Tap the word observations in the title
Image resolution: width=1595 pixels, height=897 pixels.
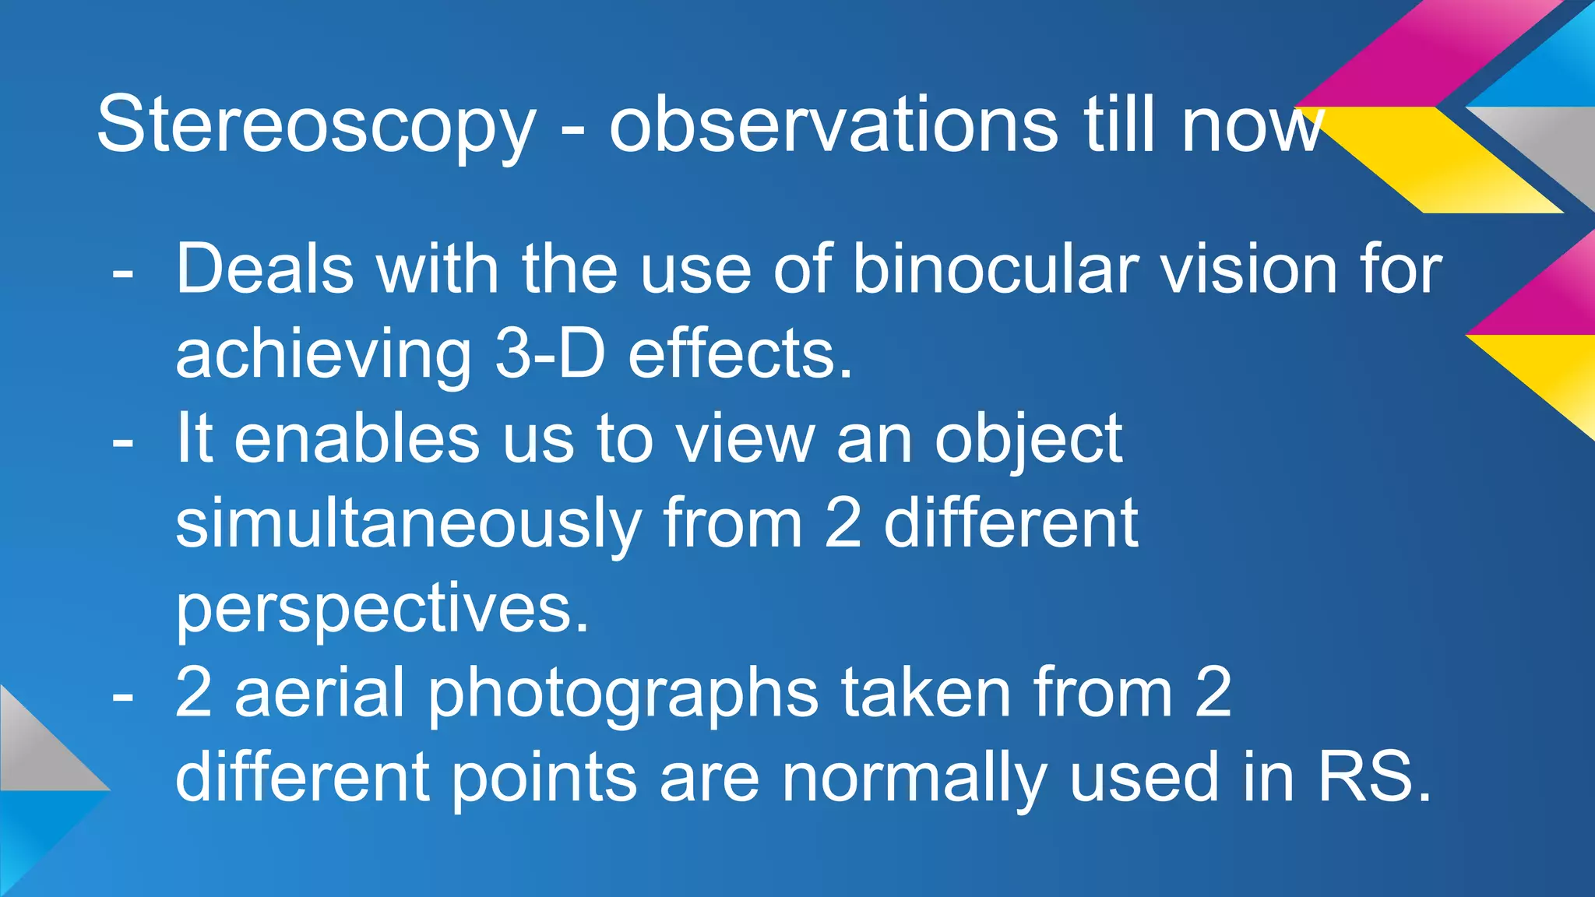833,125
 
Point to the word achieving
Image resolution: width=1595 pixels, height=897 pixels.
323,355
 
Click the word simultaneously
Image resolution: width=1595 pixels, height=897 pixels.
408,524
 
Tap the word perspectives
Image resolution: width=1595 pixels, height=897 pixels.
382,609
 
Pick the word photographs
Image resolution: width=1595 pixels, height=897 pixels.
623,693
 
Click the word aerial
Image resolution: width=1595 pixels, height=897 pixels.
319,693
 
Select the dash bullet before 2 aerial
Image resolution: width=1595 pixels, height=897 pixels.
122,696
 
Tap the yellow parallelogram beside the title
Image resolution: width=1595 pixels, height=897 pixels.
1441,160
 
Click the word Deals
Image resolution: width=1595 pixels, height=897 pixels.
265,269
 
